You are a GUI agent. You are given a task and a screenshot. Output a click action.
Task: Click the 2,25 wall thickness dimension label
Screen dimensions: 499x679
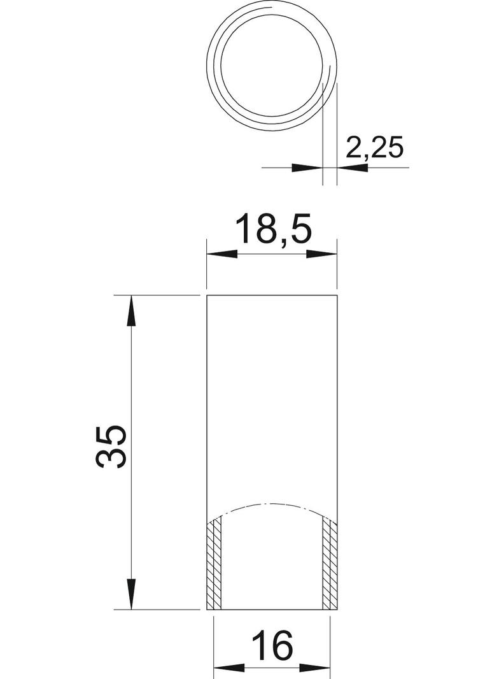coord(375,148)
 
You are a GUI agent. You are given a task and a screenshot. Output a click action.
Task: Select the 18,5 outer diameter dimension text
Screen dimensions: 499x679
coord(274,229)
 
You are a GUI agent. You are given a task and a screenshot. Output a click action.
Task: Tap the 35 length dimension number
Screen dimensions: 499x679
coord(111,447)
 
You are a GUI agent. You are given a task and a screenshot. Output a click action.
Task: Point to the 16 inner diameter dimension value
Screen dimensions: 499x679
coord(272,645)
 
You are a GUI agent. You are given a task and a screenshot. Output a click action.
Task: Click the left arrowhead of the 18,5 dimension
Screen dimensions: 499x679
coord(222,254)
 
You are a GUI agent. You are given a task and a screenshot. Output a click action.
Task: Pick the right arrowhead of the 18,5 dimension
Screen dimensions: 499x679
coord(321,254)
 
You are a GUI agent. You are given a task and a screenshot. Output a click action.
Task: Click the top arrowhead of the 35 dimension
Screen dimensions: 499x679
coord(131,310)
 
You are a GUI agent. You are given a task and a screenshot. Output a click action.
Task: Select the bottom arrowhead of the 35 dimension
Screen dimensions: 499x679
coord(131,594)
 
